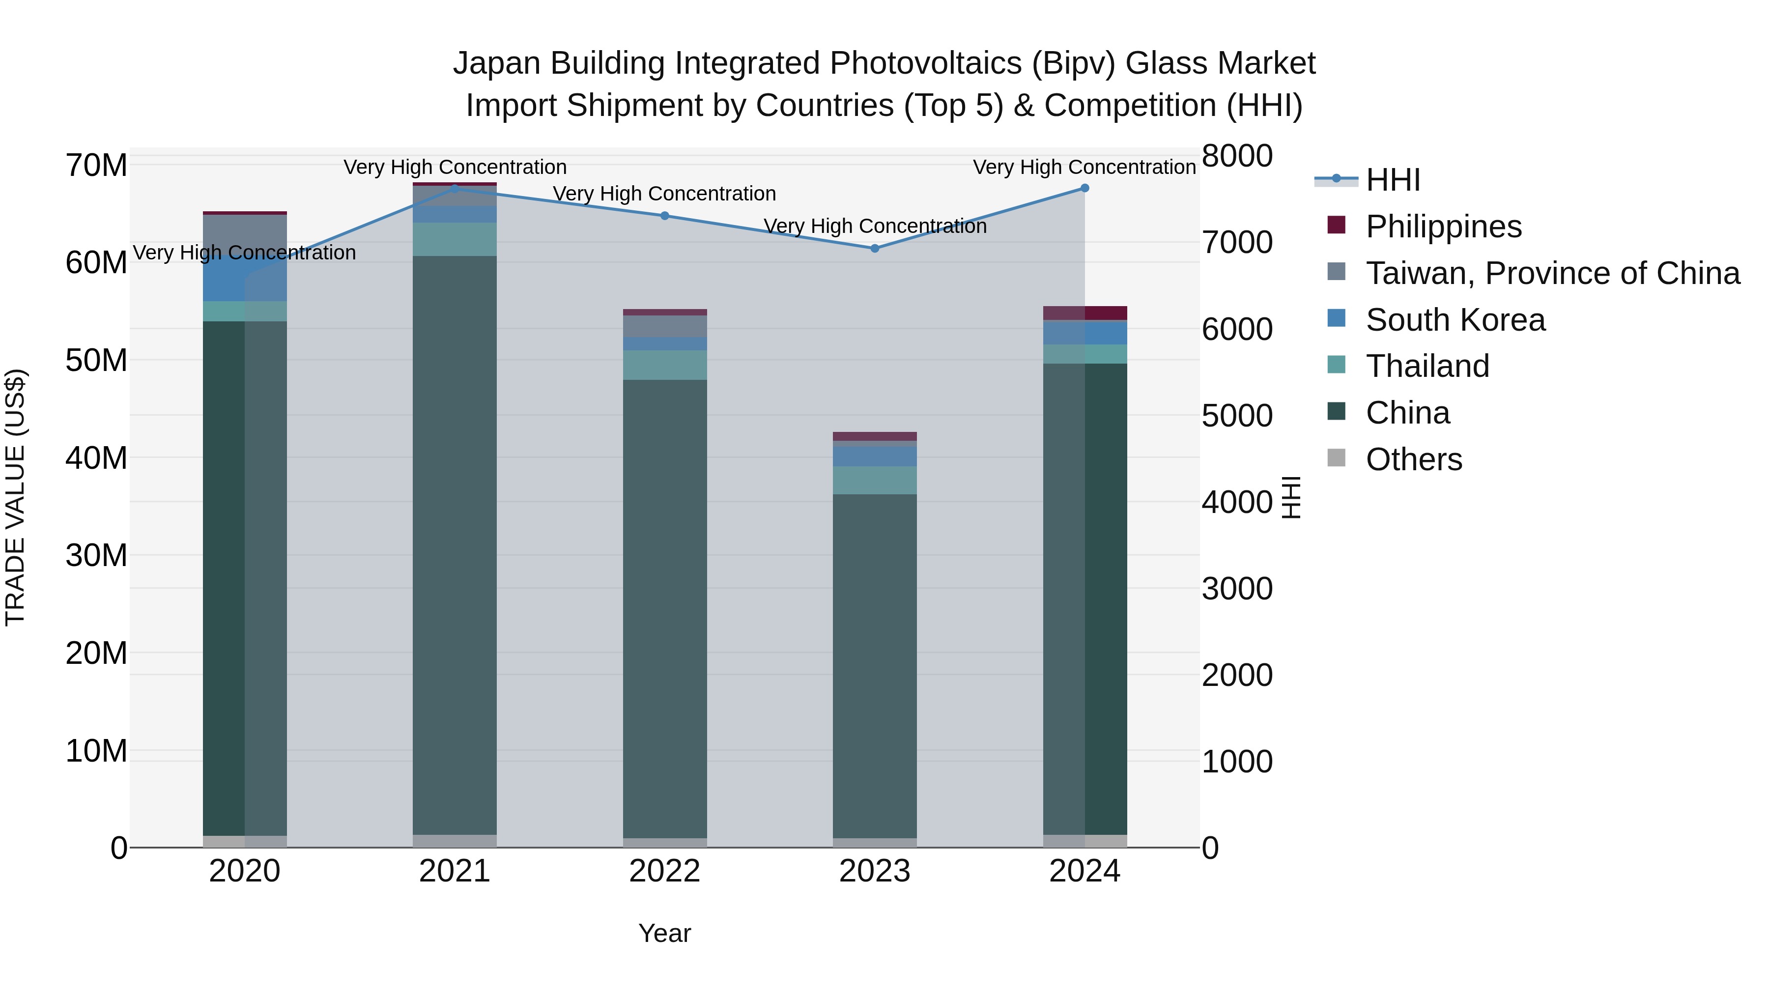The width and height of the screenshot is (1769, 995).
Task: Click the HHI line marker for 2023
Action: (874, 248)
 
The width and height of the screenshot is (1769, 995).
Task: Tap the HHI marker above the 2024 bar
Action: (1084, 188)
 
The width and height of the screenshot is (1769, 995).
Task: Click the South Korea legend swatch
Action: (1337, 318)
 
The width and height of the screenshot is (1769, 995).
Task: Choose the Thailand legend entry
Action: (1427, 366)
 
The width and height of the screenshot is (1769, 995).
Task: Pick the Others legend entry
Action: (1413, 459)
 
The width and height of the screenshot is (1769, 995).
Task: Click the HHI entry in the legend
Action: (1392, 180)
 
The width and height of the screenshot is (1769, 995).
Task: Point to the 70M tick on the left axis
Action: (96, 166)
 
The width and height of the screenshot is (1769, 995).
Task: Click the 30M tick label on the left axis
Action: (96, 555)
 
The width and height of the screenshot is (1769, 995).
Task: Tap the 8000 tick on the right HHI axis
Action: (1237, 156)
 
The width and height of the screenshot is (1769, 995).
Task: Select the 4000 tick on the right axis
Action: (1237, 502)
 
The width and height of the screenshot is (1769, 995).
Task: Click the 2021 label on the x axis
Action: (455, 871)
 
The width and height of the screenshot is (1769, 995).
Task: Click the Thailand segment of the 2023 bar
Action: (874, 480)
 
